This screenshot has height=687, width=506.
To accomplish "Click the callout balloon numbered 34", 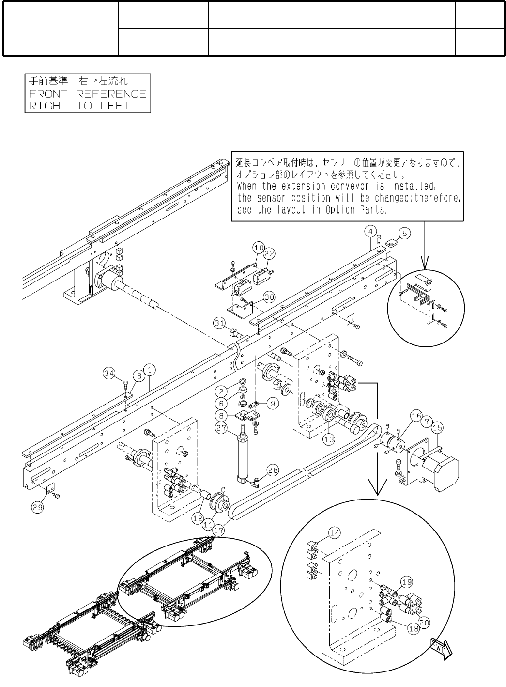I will click(x=109, y=373).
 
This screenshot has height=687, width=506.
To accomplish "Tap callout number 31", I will click(x=220, y=322).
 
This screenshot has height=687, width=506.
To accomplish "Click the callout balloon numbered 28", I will click(x=273, y=469).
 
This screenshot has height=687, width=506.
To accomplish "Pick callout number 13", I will click(x=329, y=439).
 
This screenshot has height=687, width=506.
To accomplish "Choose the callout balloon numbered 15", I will click(x=437, y=428).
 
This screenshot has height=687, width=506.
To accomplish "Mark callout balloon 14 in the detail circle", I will click(x=335, y=533).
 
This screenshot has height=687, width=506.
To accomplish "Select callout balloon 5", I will click(x=405, y=233).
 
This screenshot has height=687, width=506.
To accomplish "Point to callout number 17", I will click(x=219, y=530).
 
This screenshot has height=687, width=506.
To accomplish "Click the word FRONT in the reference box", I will click(x=47, y=94).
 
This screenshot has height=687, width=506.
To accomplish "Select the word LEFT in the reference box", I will click(x=115, y=106).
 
